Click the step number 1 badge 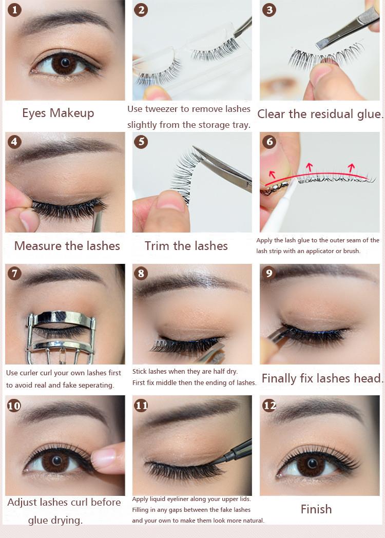coord(14,10)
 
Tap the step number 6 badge coord(269,141)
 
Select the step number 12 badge coord(269,406)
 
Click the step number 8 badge coord(141,274)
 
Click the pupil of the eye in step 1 coord(65,63)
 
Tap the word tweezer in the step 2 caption coord(161,109)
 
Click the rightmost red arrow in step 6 coord(351,168)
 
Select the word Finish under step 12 coord(316,509)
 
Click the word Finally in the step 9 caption coord(279,378)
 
